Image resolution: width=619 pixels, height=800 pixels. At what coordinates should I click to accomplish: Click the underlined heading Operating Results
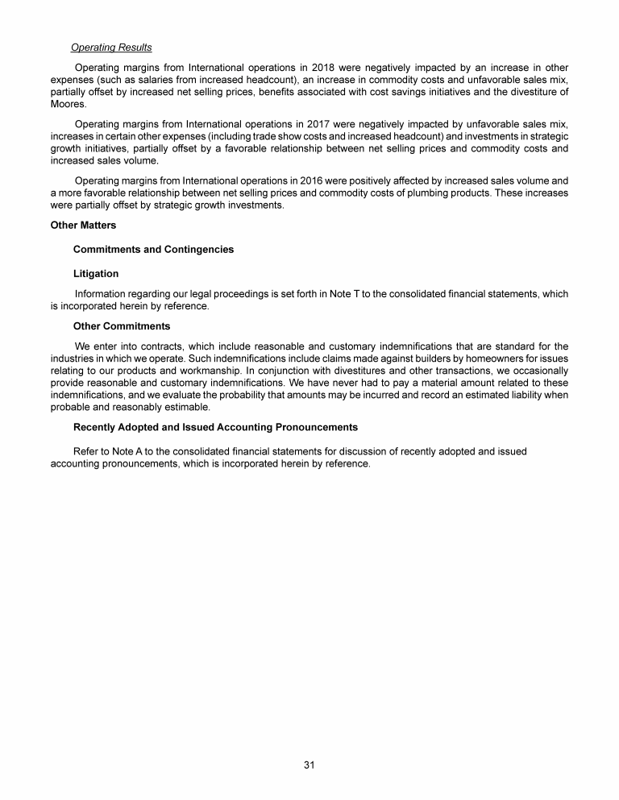coord(111,48)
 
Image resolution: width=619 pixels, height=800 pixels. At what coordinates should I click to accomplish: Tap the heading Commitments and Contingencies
coord(153,250)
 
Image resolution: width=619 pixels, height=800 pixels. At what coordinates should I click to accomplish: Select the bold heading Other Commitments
coord(122,326)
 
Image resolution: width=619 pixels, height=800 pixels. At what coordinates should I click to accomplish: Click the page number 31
coord(309,765)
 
